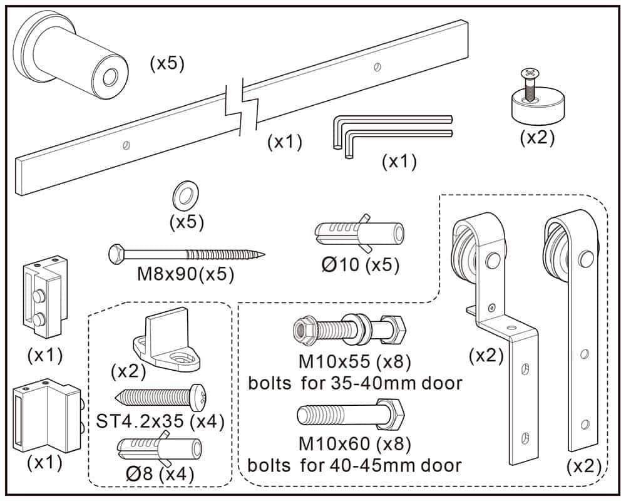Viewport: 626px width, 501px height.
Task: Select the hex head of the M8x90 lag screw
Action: click(x=117, y=253)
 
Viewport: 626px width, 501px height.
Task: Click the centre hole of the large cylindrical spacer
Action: click(x=110, y=78)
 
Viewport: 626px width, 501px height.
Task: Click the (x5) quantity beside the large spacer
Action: click(x=167, y=63)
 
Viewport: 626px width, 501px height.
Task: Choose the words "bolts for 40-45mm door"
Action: click(x=354, y=465)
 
